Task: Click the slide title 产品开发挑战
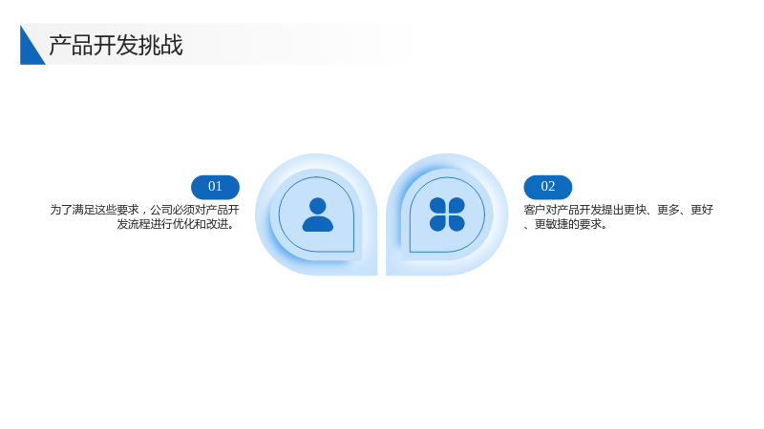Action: (116, 45)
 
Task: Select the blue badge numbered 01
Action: (215, 187)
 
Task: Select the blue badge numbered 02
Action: (547, 187)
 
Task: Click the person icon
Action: (318, 214)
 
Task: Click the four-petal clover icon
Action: (447, 214)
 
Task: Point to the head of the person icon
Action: (318, 205)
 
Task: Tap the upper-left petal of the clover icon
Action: (437, 205)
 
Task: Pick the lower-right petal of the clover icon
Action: (456, 223)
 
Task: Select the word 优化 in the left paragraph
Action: (178, 224)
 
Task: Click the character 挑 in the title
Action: (149, 45)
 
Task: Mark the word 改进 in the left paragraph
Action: (217, 224)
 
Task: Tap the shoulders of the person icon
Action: (318, 224)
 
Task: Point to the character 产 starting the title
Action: (60, 45)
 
